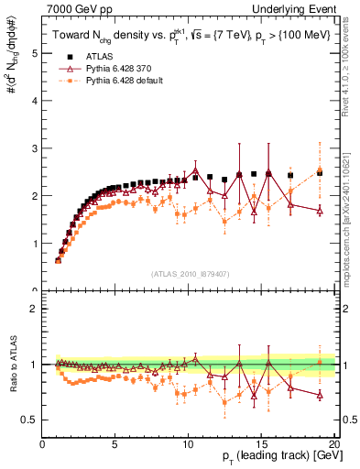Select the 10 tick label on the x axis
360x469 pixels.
pos(188,445)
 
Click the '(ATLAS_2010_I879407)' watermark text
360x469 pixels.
pos(189,274)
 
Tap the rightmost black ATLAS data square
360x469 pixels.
pos(320,172)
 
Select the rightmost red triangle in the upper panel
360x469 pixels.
pos(320,210)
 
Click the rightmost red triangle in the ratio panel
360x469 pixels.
pos(320,395)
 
